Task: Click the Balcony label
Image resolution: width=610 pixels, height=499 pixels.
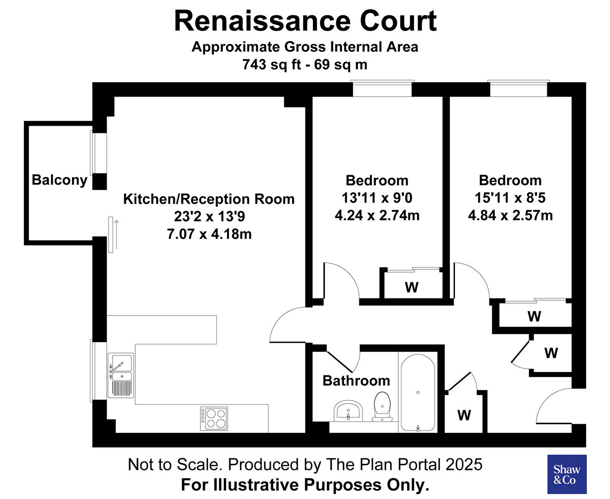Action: tap(60, 180)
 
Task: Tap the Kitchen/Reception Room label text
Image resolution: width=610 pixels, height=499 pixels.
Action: tap(209, 199)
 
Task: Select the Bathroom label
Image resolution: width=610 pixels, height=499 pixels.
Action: tap(356, 381)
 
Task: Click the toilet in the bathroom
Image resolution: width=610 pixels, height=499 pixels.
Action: tap(382, 407)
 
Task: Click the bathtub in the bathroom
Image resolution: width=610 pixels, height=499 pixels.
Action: tap(418, 393)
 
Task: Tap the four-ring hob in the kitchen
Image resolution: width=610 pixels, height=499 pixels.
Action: tap(214, 418)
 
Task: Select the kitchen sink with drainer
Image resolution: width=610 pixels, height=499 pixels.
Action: tap(120, 375)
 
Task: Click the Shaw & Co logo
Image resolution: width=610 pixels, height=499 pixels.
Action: tap(567, 475)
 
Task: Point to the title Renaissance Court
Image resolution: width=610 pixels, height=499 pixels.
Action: tap(305, 21)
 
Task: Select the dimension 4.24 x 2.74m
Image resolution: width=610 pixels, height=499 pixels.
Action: tap(377, 215)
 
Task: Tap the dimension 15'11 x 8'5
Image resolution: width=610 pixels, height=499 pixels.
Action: tap(510, 198)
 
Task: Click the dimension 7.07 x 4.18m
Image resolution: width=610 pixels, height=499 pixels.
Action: tap(209, 234)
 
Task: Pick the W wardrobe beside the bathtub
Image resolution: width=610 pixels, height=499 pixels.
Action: tap(464, 415)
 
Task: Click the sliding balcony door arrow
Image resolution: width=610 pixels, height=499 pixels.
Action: tap(117, 234)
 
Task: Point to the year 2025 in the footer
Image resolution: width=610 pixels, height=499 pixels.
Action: tap(464, 464)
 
